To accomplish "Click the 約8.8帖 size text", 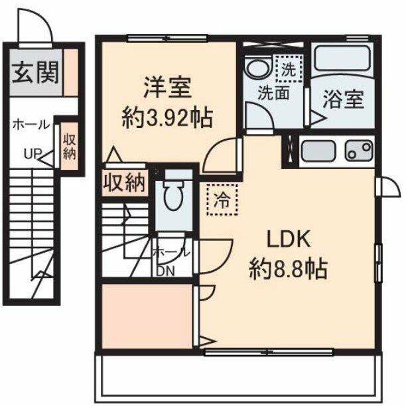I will coord(288,269).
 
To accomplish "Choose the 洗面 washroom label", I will coord(273,94).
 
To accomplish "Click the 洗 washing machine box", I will coord(289,68).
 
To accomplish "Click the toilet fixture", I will coord(174,194).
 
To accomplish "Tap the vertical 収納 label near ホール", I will coord(68,147).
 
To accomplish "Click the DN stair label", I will coord(165,269).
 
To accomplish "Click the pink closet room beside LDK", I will coord(147,316).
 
